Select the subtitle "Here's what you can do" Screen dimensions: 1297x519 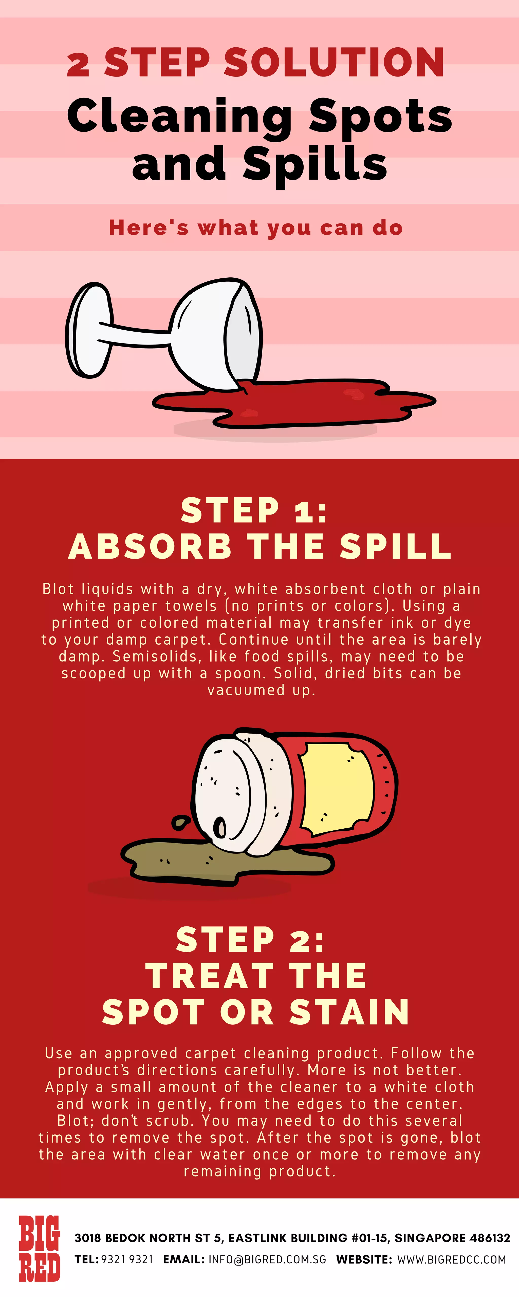point(256,227)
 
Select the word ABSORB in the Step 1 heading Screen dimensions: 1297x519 point(150,547)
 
